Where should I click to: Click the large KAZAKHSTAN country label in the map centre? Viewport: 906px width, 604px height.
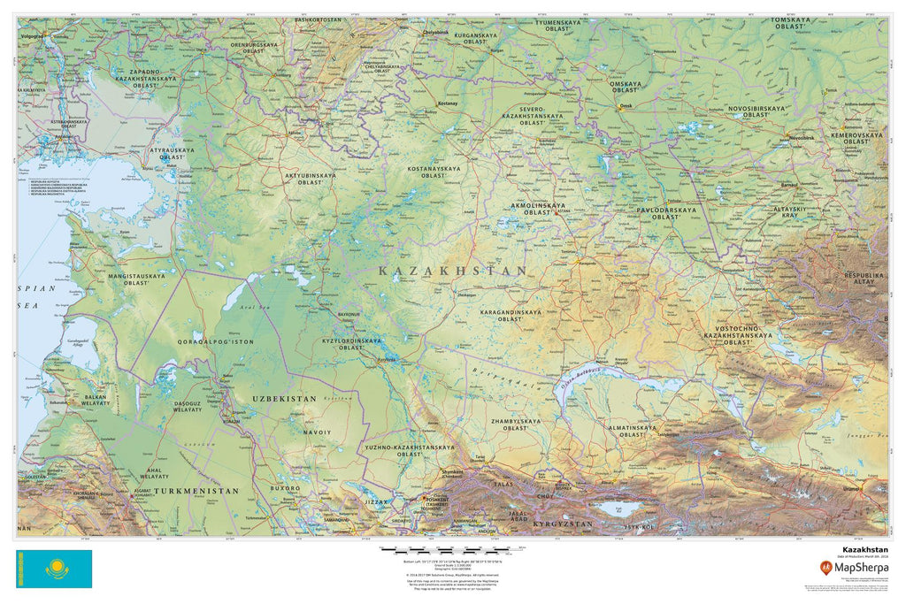point(452,271)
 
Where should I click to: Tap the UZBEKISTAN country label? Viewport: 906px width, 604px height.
point(284,400)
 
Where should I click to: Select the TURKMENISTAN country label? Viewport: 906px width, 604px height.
point(196,490)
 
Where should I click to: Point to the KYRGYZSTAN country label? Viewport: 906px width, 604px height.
point(562,524)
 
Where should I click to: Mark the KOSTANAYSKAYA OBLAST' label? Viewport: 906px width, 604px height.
point(434,172)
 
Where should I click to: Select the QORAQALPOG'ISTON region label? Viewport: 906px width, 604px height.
point(216,341)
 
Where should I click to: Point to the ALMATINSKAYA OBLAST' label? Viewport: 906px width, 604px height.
point(632,431)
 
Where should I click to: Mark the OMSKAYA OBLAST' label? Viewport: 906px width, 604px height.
point(626,87)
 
